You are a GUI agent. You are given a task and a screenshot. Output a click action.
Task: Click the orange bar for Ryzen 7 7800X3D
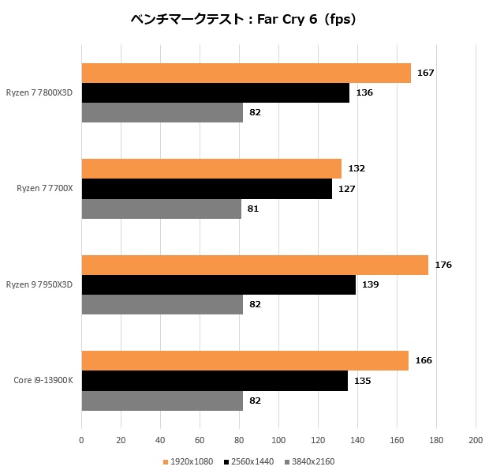246,73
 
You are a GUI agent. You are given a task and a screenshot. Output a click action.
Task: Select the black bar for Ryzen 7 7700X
207,189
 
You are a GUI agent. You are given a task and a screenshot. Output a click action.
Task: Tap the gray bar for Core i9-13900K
162,401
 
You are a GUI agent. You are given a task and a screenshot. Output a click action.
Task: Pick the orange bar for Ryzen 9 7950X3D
255,265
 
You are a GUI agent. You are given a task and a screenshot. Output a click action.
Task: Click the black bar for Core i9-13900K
215,381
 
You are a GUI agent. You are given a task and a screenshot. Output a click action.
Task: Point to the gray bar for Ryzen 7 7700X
161,209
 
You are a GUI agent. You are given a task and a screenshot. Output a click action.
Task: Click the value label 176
443,265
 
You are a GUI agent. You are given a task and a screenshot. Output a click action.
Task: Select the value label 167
426,73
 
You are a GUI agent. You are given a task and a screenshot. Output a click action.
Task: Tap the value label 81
252,209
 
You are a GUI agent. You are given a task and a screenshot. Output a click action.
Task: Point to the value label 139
371,284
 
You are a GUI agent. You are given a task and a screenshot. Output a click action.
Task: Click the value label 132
356,168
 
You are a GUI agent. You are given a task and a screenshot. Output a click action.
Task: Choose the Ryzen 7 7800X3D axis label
39,92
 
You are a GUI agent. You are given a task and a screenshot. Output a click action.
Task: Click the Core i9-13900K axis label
43,380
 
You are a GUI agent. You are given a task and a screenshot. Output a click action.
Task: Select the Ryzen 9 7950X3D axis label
39,284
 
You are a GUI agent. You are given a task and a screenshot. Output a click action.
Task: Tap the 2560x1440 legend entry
251,461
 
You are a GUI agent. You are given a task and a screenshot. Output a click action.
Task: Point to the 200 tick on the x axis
475,439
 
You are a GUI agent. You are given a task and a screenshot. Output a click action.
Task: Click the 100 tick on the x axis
278,439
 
